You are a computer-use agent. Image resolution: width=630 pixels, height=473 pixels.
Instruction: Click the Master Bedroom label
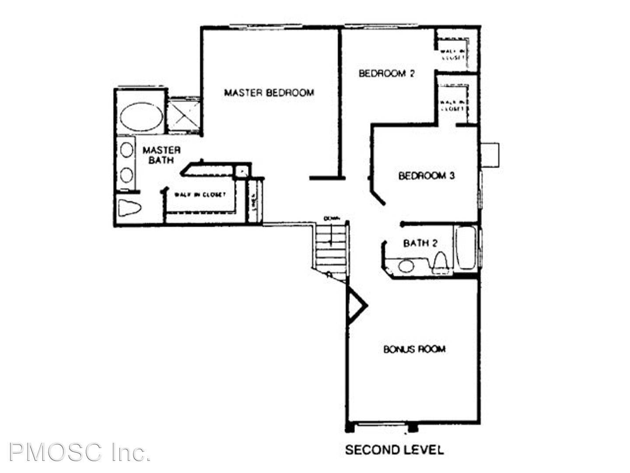point(269,93)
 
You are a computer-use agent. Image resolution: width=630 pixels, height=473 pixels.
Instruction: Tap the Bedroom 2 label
point(386,73)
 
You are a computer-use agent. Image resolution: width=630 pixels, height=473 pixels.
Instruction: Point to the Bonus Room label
point(414,349)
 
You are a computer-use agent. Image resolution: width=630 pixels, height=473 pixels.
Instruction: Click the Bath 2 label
point(420,243)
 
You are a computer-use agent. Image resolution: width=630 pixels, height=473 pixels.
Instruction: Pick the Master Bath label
point(161,155)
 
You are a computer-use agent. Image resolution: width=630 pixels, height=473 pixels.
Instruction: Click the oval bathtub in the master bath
point(141,116)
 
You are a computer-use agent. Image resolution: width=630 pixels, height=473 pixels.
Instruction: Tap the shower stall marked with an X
point(184,115)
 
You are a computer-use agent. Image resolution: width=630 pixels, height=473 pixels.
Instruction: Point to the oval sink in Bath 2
point(406,265)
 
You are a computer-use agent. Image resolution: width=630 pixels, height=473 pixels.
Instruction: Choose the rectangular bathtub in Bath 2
point(465,248)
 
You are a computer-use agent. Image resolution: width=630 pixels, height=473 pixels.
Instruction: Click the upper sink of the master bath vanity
point(127,150)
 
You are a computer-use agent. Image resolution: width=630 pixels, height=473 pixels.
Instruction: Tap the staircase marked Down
point(331,245)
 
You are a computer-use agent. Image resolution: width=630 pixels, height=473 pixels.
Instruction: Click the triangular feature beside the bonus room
point(355,305)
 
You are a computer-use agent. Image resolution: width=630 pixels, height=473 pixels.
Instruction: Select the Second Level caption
point(394,450)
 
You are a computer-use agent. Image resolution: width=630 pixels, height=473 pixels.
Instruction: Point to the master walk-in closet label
point(200,194)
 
